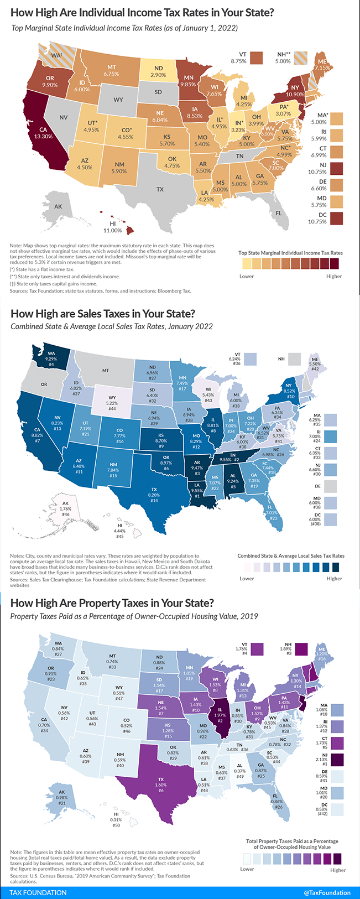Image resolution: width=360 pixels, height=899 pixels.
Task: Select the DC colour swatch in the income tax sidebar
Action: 335,218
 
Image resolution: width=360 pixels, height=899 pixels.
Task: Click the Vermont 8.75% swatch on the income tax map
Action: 256,57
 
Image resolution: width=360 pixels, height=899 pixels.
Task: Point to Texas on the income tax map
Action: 160,189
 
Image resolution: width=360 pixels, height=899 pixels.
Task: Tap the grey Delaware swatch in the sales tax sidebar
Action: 332,486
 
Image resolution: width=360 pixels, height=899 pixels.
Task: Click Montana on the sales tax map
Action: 105,370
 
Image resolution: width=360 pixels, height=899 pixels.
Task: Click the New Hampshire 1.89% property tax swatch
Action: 301,649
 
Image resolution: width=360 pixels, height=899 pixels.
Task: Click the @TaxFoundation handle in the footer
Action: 327,892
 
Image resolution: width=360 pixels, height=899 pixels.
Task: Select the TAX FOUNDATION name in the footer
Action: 38,892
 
